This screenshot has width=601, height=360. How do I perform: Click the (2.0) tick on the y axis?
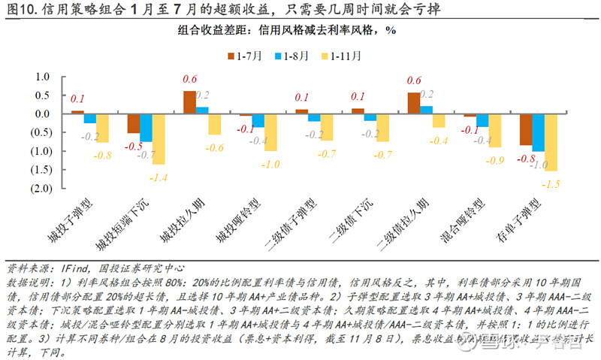(37, 188)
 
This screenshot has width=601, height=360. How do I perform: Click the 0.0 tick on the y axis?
(38, 114)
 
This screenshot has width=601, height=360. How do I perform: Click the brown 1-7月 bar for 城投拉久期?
(189, 102)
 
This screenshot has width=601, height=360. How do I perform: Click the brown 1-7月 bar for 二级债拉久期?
(413, 103)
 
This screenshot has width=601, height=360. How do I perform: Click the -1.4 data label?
(159, 177)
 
